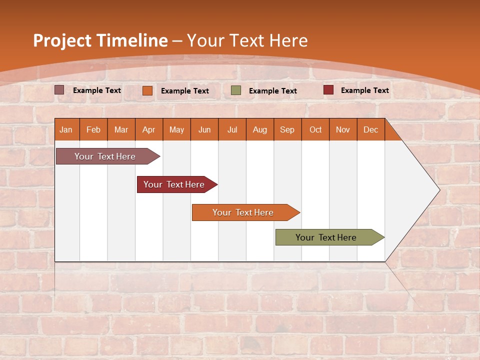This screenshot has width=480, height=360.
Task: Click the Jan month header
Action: pyautogui.click(x=66, y=129)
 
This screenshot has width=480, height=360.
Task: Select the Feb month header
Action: pyautogui.click(x=93, y=129)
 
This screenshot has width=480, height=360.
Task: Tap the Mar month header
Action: pyautogui.click(x=121, y=129)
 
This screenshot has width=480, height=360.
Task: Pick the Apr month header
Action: pyautogui.click(x=149, y=129)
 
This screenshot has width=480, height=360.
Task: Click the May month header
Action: pyautogui.click(x=176, y=129)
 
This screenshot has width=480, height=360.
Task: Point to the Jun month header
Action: pyautogui.click(x=204, y=129)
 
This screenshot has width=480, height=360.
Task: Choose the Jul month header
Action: pyautogui.click(x=232, y=129)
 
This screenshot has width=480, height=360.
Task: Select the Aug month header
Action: pyautogui.click(x=260, y=129)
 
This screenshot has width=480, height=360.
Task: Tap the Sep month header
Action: pyautogui.click(x=287, y=129)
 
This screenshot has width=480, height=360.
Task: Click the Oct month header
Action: pyautogui.click(x=315, y=129)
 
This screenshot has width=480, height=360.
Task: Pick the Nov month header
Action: pyautogui.click(x=343, y=129)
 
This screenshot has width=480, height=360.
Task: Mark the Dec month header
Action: pyautogui.click(x=371, y=129)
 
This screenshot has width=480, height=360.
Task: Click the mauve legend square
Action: pyautogui.click(x=59, y=90)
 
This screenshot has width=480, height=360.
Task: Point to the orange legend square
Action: pyautogui.click(x=147, y=90)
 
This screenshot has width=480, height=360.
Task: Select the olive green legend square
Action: pyautogui.click(x=236, y=90)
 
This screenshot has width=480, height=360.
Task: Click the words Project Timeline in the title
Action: pyautogui.click(x=100, y=40)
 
